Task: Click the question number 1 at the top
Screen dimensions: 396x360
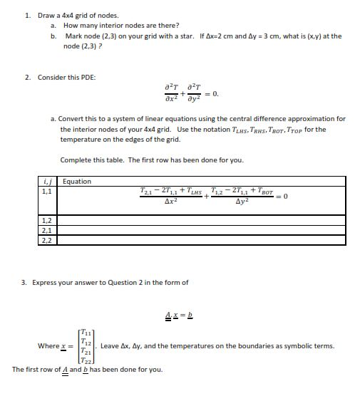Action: pos(26,15)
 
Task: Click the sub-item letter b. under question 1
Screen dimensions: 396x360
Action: pos(53,36)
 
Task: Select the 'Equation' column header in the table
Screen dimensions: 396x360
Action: pos(77,182)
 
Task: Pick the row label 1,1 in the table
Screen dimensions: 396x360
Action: pos(47,192)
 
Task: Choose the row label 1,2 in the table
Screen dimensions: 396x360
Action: pos(47,222)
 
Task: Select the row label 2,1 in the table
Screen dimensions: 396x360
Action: pos(47,231)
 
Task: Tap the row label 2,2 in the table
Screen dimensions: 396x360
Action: pos(47,240)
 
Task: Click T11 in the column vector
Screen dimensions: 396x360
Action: pos(86,332)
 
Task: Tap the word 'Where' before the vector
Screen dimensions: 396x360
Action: pos(48,346)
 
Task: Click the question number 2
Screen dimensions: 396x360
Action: pos(26,77)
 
